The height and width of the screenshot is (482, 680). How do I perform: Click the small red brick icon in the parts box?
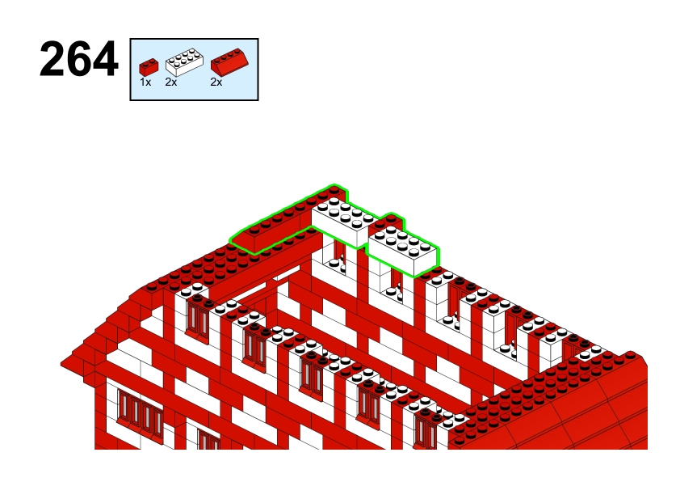[x=149, y=67]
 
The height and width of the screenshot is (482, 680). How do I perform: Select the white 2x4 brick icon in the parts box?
[x=184, y=62]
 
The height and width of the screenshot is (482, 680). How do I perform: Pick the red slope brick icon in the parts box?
[x=229, y=61]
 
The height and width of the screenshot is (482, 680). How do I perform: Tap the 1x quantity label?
[x=145, y=82]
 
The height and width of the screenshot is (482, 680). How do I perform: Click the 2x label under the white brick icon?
[x=171, y=82]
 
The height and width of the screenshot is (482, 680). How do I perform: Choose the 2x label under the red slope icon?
[x=216, y=82]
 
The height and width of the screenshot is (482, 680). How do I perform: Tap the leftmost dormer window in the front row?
[x=198, y=319]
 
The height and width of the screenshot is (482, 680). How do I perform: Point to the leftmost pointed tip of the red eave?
[x=61, y=363]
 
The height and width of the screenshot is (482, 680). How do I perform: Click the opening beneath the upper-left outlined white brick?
[x=338, y=256]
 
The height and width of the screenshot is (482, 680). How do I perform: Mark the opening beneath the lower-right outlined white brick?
[x=396, y=285]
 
